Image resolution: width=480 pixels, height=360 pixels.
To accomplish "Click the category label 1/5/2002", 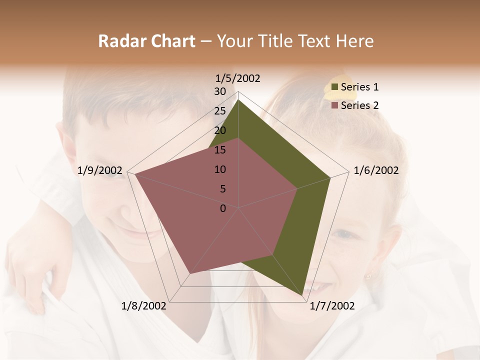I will [x=238, y=78].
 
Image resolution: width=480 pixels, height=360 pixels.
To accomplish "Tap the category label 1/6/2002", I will [x=376, y=170].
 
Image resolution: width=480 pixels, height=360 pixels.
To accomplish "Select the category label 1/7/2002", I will [x=332, y=305].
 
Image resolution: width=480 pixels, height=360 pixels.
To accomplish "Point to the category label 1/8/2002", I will [x=144, y=305].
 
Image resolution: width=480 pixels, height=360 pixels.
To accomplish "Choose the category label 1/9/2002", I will [x=100, y=170].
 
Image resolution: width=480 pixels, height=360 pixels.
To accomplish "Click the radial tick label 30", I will [x=220, y=91].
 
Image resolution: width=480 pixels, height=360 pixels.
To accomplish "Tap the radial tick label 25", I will [x=220, y=111].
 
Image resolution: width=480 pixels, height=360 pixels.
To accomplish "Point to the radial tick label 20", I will [x=220, y=130].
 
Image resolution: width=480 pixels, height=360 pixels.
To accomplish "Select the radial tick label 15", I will [x=220, y=150].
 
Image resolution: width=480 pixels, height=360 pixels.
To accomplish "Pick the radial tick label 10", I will [x=220, y=169].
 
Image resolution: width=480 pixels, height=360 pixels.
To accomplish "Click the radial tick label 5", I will [x=222, y=189].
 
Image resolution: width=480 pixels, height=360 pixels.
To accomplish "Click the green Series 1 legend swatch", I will [x=334, y=87].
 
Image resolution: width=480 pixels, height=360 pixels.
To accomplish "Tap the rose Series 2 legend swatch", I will [x=334, y=105].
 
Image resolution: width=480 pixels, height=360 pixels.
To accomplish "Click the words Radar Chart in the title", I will [x=146, y=41].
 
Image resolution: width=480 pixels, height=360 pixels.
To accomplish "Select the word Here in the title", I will [x=354, y=41].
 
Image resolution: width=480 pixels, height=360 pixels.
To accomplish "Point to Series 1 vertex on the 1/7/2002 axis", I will [x=304, y=295].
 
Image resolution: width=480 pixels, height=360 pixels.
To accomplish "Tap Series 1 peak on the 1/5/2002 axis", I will [x=238, y=99].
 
